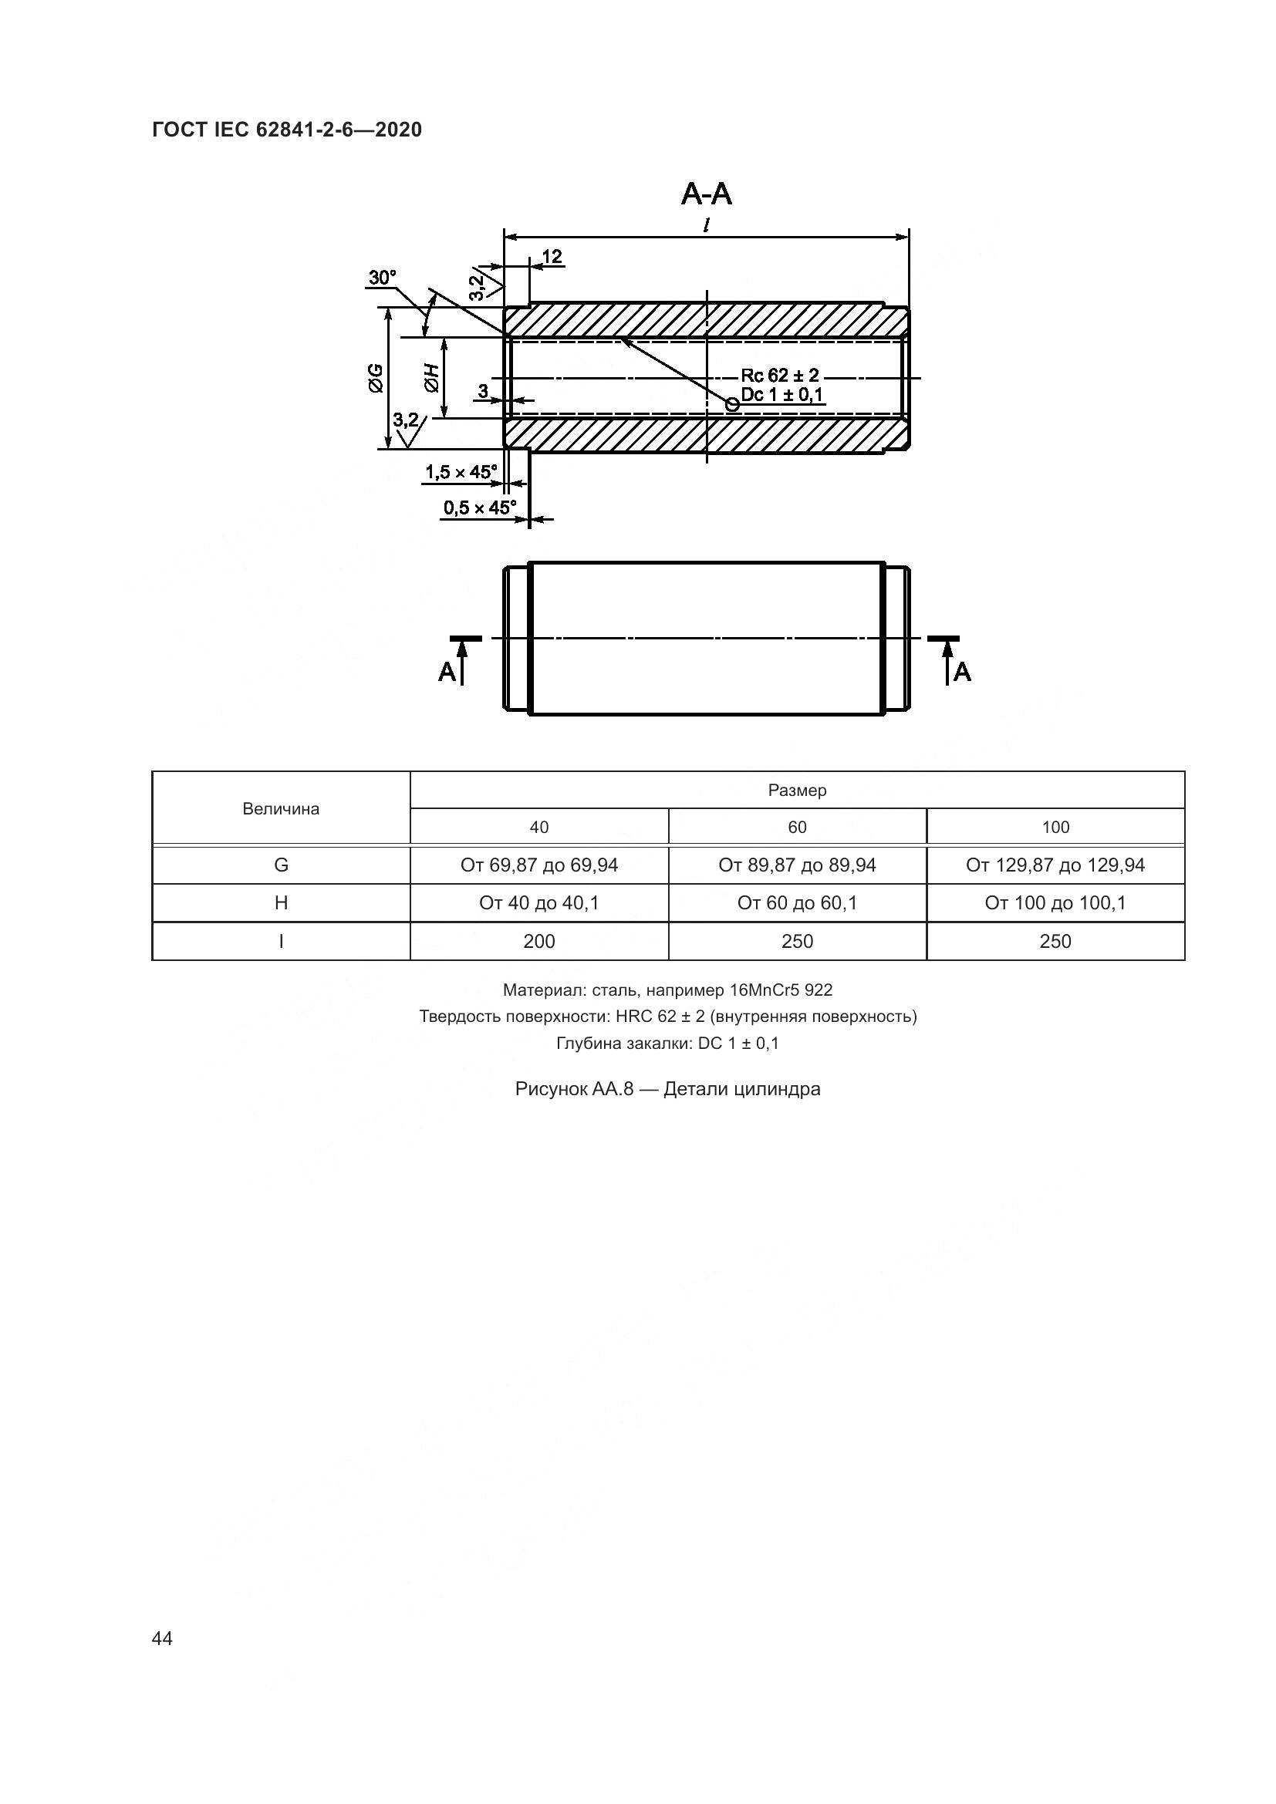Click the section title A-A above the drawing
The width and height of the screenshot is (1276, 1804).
pos(707,194)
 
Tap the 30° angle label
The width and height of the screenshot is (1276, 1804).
pos(383,278)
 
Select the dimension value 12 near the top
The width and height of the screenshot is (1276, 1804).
pos(552,257)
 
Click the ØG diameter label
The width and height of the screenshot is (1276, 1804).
pos(375,378)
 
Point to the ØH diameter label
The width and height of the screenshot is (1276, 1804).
pos(430,378)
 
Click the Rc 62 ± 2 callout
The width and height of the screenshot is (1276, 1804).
pos(779,375)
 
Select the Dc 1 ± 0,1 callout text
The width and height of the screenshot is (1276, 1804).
pos(781,394)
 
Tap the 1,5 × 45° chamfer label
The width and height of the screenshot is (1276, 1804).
pos(461,472)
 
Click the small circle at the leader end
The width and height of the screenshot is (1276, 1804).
pos(732,404)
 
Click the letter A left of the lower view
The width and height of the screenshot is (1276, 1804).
pos(446,672)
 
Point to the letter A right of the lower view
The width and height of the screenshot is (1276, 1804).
pos(963,672)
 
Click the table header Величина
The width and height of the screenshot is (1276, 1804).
pos(281,809)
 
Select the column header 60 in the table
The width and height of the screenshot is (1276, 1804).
pos(797,828)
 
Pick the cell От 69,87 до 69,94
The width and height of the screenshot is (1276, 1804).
pos(539,865)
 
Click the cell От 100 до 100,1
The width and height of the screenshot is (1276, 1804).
pos(1055,904)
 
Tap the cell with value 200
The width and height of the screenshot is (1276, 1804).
pos(539,941)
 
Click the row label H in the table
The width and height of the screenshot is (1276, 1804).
pos(281,904)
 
